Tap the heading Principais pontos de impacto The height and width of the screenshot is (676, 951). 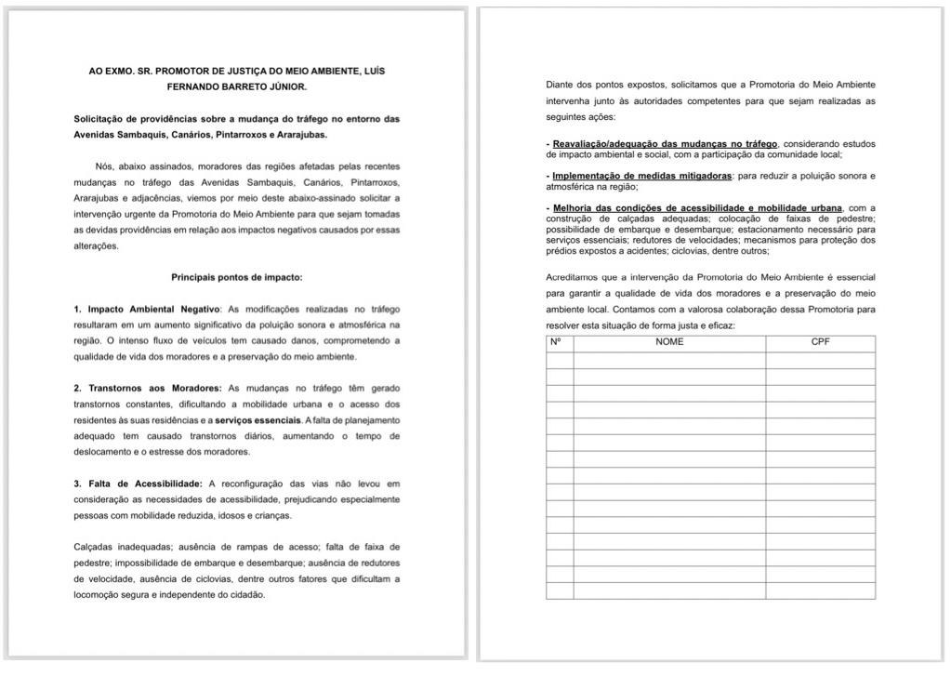[x=236, y=277]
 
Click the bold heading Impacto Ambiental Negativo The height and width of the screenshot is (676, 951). [x=152, y=308]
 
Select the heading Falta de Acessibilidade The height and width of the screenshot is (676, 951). [x=145, y=484]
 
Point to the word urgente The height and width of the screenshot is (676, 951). [x=134, y=214]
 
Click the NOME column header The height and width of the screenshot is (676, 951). [x=669, y=342]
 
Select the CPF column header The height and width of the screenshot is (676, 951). [x=820, y=342]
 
